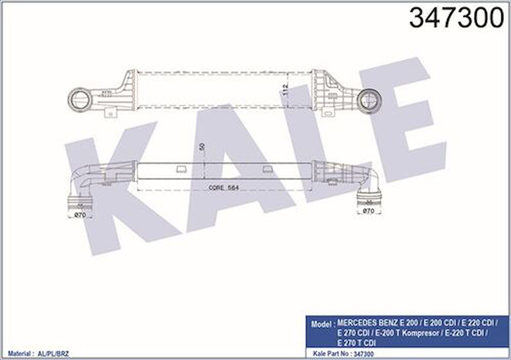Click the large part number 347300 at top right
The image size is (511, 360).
[456, 18]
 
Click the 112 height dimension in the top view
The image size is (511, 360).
[285, 90]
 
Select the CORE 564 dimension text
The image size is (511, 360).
[224, 188]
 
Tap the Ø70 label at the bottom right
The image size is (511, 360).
[368, 212]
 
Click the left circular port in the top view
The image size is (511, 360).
[80, 100]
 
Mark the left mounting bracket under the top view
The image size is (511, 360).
[111, 112]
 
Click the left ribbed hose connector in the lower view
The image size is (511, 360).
[80, 203]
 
